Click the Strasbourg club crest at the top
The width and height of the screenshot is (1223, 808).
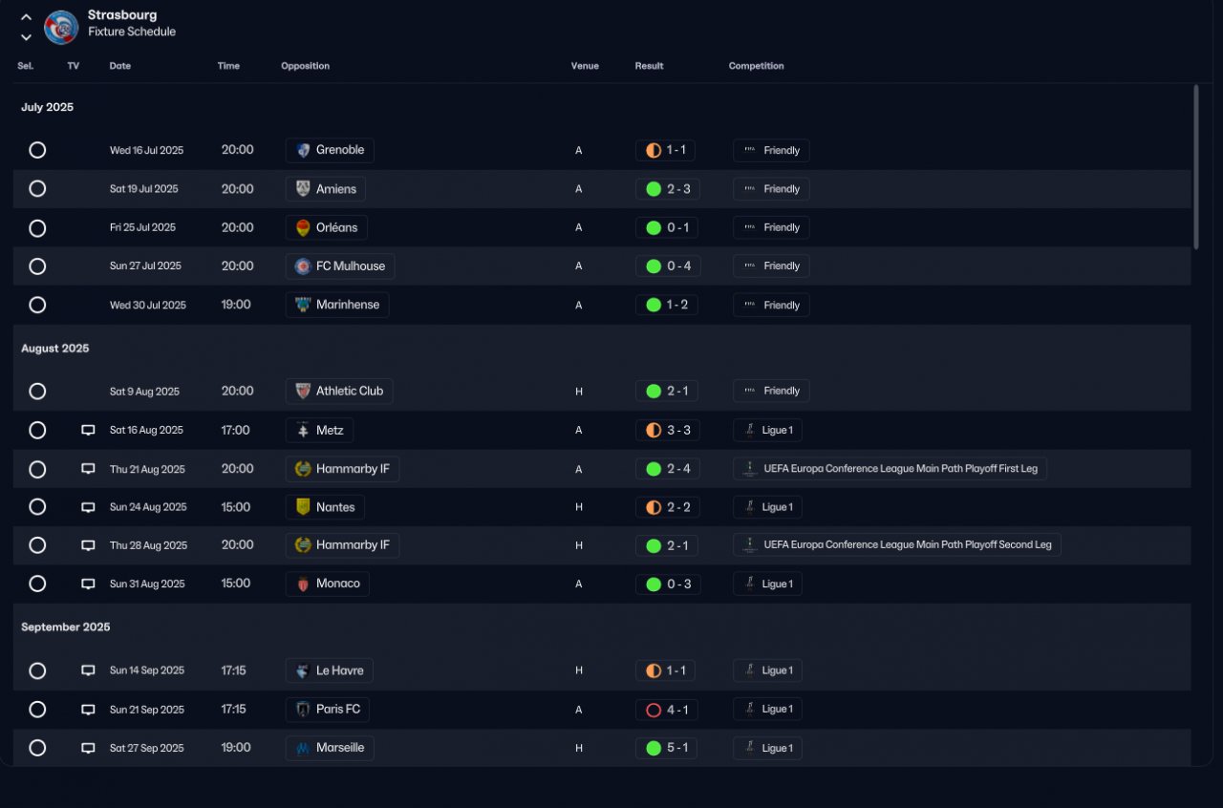(x=61, y=27)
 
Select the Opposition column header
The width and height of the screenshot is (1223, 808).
(x=305, y=66)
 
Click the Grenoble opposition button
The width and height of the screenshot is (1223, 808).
(x=330, y=150)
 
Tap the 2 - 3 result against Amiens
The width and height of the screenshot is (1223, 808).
(x=668, y=189)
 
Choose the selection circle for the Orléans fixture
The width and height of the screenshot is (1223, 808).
(x=37, y=228)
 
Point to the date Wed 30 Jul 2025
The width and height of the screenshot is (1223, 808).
(x=148, y=305)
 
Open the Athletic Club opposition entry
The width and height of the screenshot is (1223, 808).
(x=339, y=391)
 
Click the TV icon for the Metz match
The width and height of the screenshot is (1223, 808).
(x=88, y=431)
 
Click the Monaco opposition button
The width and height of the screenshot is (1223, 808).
(x=328, y=584)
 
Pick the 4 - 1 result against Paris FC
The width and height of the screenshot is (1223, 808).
(x=667, y=710)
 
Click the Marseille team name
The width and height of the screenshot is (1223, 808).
(x=340, y=748)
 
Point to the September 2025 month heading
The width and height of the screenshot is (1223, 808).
(x=65, y=627)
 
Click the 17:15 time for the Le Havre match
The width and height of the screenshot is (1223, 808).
(x=234, y=670)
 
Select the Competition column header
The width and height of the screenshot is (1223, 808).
(x=756, y=66)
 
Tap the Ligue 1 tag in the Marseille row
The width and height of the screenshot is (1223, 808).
(x=767, y=748)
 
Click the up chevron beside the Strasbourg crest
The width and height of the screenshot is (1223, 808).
(x=27, y=16)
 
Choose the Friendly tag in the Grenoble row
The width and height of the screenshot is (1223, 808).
(x=771, y=150)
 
